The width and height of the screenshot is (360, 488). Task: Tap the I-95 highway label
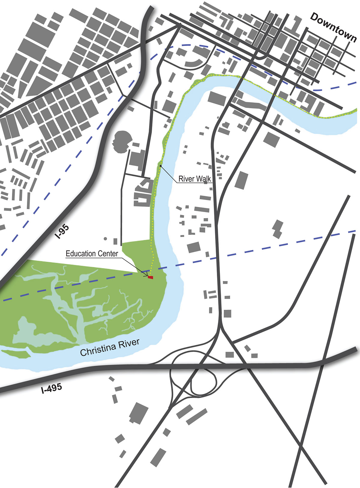click(63, 232)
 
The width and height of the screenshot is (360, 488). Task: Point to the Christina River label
click(110, 347)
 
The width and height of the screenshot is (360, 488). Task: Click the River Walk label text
click(195, 179)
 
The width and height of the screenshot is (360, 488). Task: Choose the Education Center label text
click(92, 253)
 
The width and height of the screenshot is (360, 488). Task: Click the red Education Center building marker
click(151, 277)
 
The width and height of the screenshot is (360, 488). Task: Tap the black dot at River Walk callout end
click(160, 166)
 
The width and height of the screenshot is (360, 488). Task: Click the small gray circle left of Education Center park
click(105, 239)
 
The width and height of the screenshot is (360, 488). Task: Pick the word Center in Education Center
click(108, 253)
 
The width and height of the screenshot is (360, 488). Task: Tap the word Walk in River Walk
click(203, 179)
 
